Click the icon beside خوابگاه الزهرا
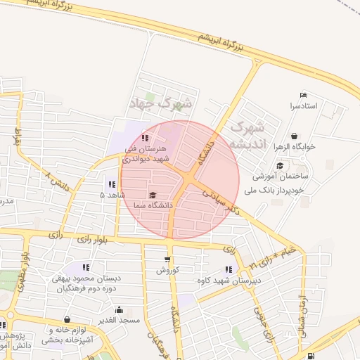293,136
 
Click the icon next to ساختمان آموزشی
280,166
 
